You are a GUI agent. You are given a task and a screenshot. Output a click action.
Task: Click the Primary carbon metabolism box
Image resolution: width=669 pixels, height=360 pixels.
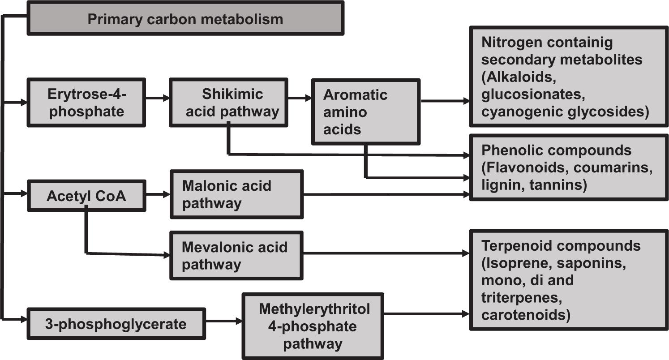click(x=185, y=19)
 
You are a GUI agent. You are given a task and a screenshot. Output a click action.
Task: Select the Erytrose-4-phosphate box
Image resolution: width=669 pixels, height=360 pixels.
click(x=86, y=103)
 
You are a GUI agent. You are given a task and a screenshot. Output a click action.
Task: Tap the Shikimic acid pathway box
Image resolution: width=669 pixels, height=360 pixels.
click(x=228, y=103)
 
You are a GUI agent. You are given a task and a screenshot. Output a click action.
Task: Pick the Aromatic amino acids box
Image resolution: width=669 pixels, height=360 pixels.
click(x=365, y=112)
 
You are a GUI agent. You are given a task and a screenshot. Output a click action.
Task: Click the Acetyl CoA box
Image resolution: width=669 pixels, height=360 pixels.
click(x=86, y=196)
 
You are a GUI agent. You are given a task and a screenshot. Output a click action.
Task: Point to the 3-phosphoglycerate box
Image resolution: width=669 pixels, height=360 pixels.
click(x=116, y=324)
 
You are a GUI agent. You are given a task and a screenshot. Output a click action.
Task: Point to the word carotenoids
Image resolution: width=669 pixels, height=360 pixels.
click(x=526, y=315)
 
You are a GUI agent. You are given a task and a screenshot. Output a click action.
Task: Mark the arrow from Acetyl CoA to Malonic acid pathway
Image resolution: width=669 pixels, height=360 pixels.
click(x=158, y=194)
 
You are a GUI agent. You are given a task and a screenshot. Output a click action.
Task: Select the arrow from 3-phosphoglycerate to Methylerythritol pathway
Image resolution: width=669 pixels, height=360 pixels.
click(x=223, y=321)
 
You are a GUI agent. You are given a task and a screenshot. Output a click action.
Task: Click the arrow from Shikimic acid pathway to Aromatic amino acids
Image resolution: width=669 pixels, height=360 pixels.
click(x=299, y=98)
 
